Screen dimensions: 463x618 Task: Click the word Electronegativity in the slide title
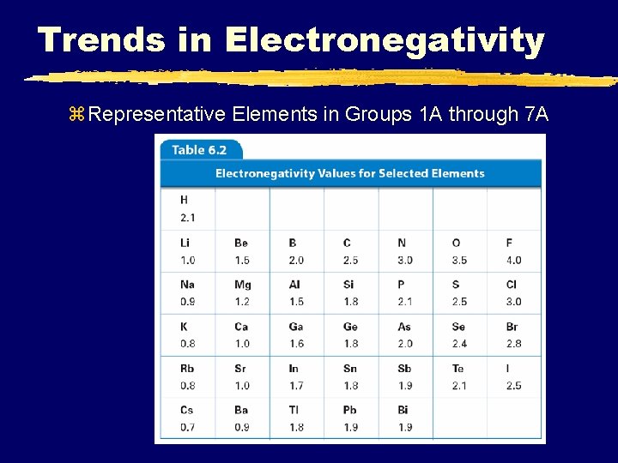click(385, 40)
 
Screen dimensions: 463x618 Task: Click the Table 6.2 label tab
click(199, 149)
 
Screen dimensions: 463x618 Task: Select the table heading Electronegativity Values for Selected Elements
click(349, 173)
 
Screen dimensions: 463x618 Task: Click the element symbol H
click(185, 200)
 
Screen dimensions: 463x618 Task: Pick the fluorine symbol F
click(509, 243)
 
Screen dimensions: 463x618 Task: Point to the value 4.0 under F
click(513, 260)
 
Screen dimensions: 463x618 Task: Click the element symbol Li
click(186, 243)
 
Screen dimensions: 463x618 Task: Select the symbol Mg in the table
click(243, 285)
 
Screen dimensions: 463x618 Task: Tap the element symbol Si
click(348, 285)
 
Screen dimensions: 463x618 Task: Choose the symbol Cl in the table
click(512, 285)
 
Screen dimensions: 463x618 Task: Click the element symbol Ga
click(296, 327)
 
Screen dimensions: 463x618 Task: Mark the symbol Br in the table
click(512, 327)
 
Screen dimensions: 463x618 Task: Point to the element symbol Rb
click(188, 369)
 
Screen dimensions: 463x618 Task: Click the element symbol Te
click(458, 369)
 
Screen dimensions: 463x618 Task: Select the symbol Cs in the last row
click(187, 410)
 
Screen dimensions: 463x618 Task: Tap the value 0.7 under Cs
click(187, 427)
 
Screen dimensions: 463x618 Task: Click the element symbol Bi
click(403, 410)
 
